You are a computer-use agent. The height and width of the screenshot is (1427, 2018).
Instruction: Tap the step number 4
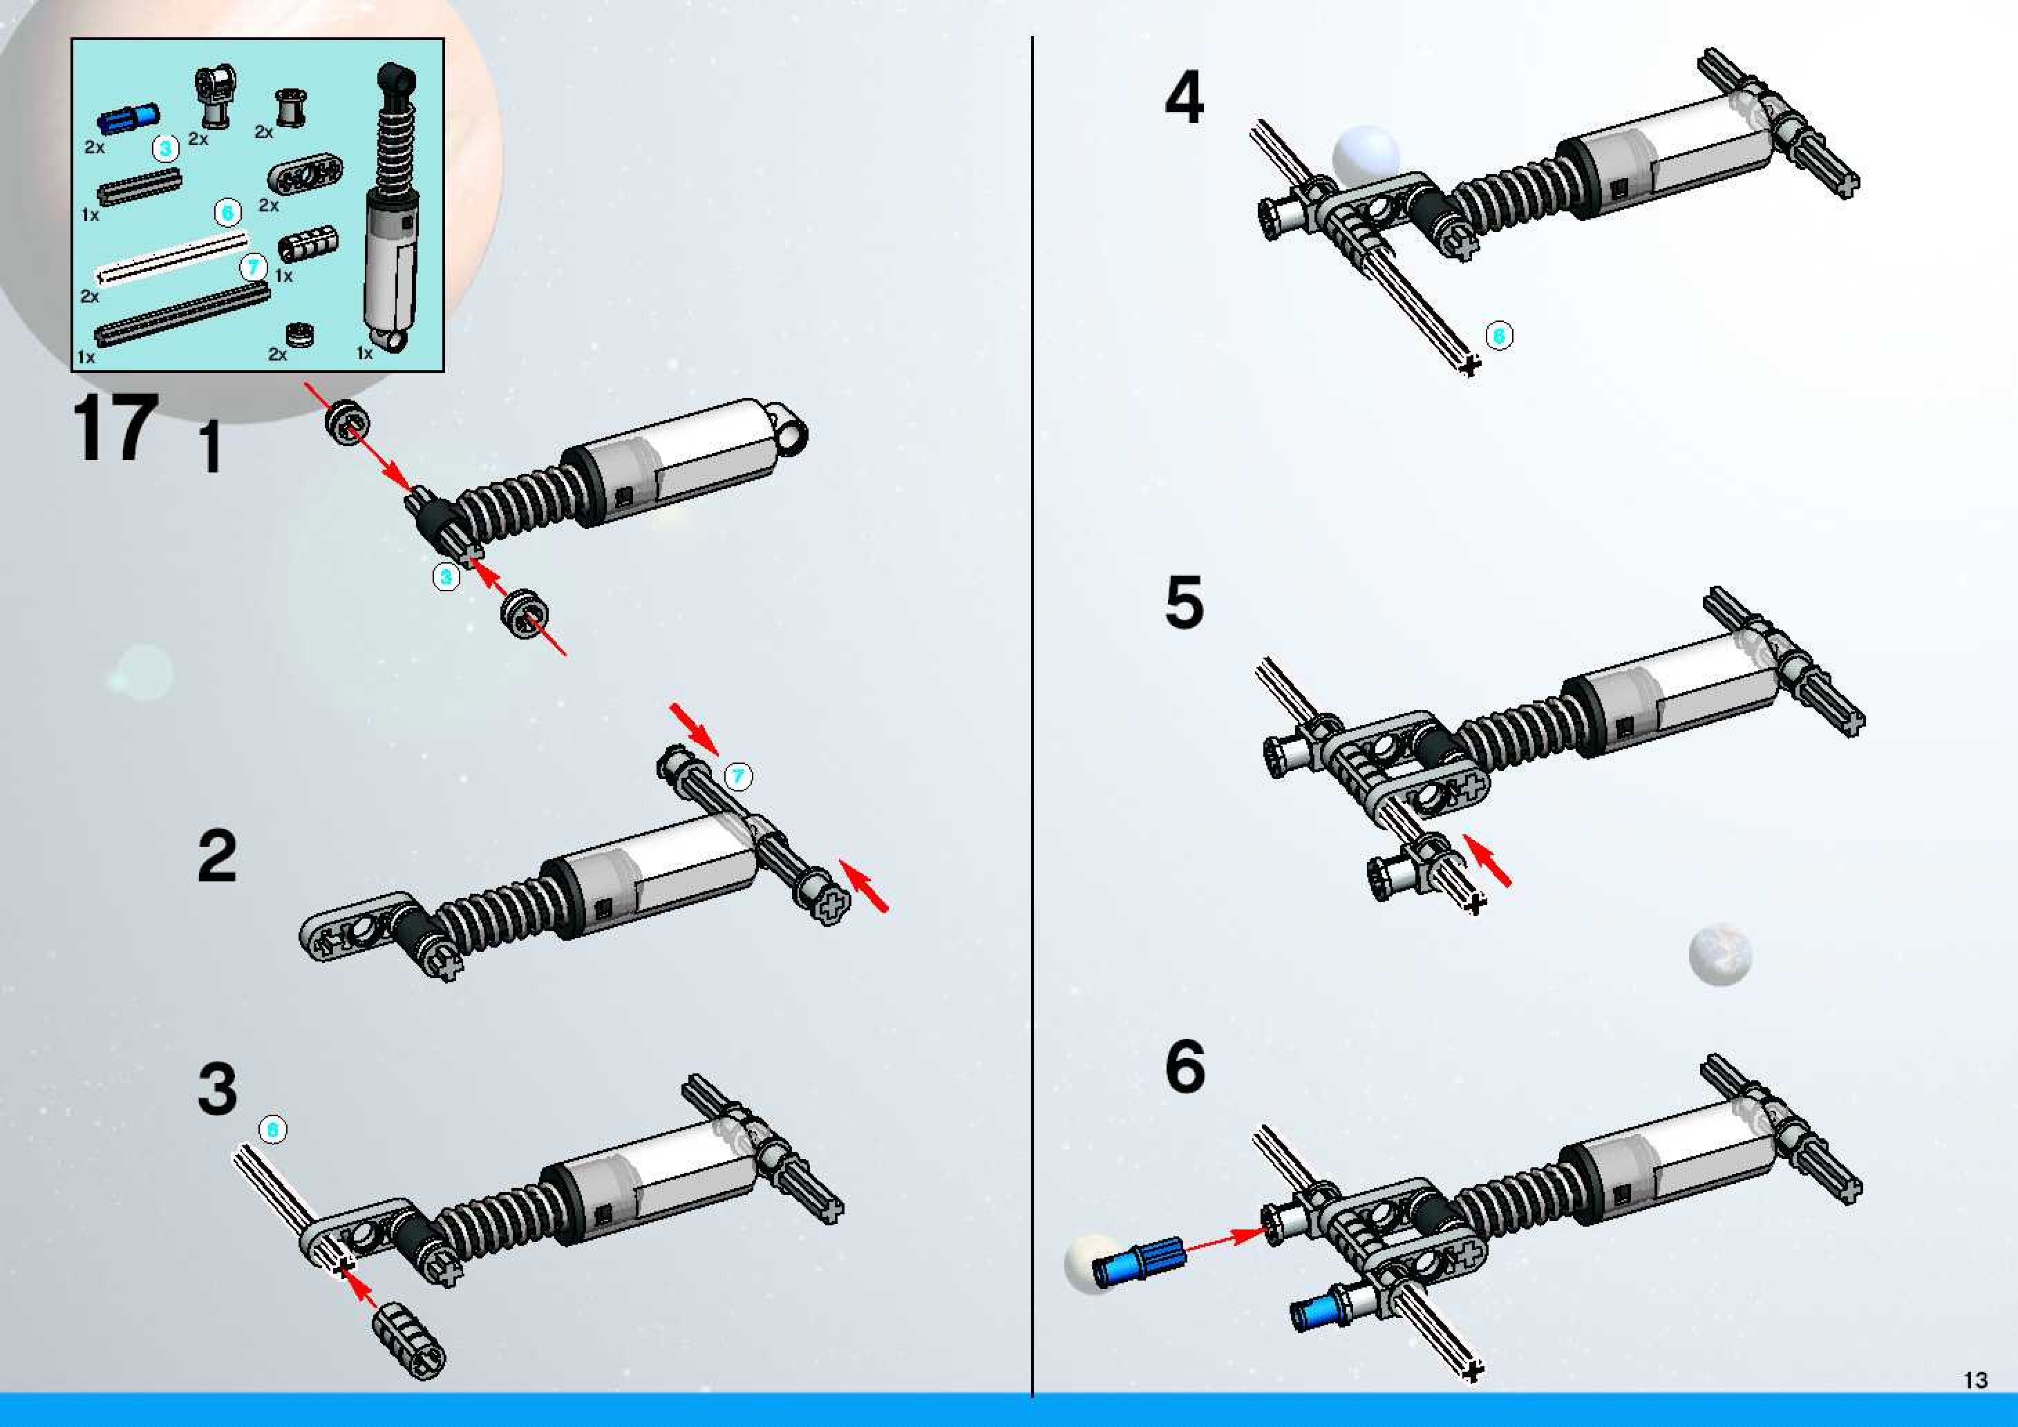pyautogui.click(x=1184, y=97)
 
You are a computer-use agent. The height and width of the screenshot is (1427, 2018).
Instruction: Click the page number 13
pyautogui.click(x=1975, y=1381)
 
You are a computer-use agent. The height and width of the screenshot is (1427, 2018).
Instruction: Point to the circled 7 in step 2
pyautogui.click(x=737, y=776)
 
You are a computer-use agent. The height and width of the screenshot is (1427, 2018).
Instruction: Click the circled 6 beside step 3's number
pyautogui.click(x=272, y=1129)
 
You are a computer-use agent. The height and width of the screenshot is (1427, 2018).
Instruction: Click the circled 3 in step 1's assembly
pyautogui.click(x=446, y=577)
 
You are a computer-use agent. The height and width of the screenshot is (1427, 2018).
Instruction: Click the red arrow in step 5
pyautogui.click(x=1489, y=861)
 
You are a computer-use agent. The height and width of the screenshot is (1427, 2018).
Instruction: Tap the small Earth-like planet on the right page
pyautogui.click(x=1720, y=955)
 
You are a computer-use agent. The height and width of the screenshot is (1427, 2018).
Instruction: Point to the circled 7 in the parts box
pyautogui.click(x=253, y=266)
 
